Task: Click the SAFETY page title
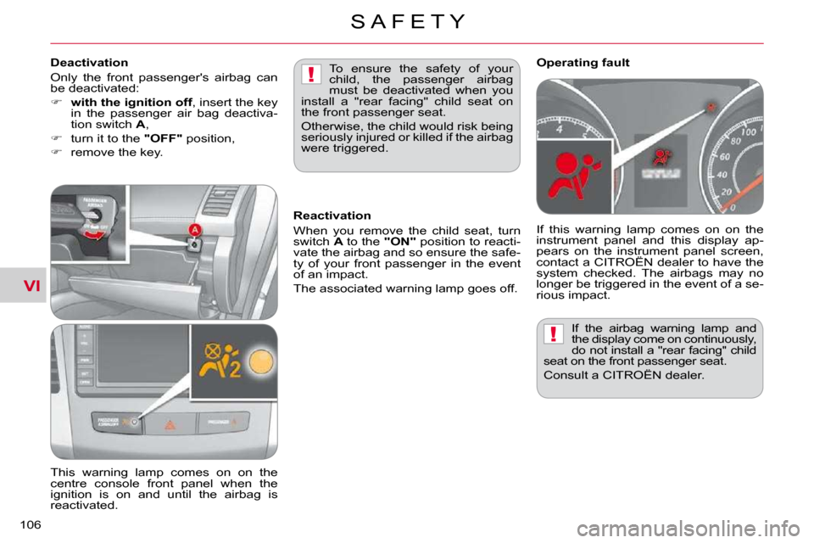click(x=408, y=21)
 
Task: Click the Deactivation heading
click(x=89, y=63)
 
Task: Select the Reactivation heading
click(x=332, y=216)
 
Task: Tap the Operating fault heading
click(x=583, y=63)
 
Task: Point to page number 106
click(x=31, y=525)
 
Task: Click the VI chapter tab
click(x=31, y=285)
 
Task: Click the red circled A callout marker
click(x=194, y=230)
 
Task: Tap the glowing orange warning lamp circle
click(x=260, y=361)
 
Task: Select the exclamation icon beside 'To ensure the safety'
click(x=311, y=74)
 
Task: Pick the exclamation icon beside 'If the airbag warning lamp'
click(x=554, y=333)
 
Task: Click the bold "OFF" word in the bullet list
click(x=163, y=139)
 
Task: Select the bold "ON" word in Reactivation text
click(x=399, y=242)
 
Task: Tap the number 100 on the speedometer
click(x=748, y=132)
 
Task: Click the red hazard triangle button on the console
click(x=170, y=426)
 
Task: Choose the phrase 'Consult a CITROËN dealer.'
click(x=624, y=375)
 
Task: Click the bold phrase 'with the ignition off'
click(x=131, y=103)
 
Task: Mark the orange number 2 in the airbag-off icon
click(x=235, y=368)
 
